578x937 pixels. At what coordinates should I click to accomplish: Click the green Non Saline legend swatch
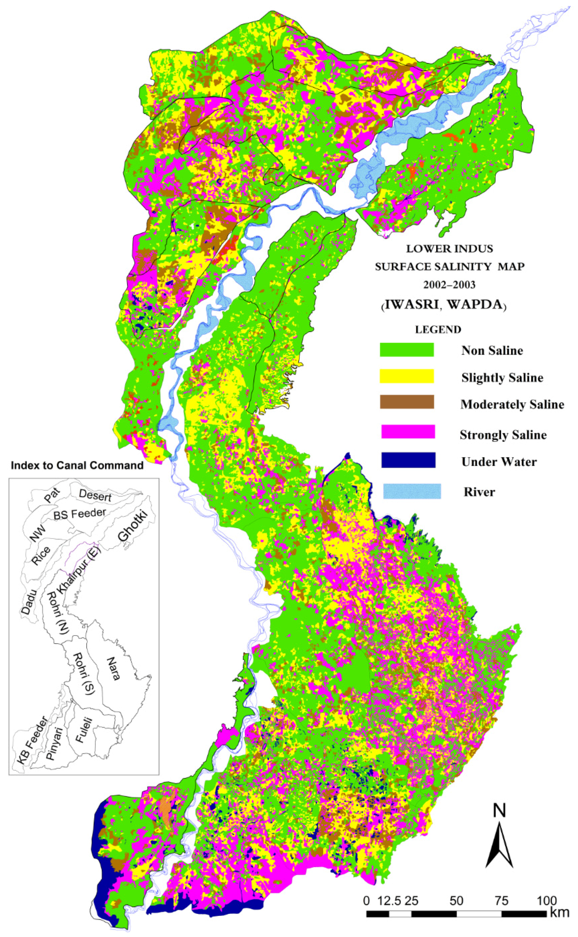[406, 350]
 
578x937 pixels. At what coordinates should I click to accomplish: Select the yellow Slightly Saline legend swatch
[406, 376]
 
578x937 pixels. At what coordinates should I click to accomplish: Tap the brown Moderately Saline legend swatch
[406, 402]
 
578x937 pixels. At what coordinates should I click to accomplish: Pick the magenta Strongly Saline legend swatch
[408, 432]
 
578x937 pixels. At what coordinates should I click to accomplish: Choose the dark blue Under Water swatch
[408, 460]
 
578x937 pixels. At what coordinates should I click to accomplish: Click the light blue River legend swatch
[412, 491]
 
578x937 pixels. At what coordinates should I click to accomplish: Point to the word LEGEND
[438, 329]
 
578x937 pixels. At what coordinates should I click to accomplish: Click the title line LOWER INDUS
[450, 249]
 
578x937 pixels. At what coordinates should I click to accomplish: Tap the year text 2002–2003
[450, 285]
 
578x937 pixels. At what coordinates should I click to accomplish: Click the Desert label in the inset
[95, 495]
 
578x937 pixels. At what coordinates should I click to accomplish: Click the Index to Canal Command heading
[77, 466]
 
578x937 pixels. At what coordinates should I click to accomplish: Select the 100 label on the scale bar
[546, 901]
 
